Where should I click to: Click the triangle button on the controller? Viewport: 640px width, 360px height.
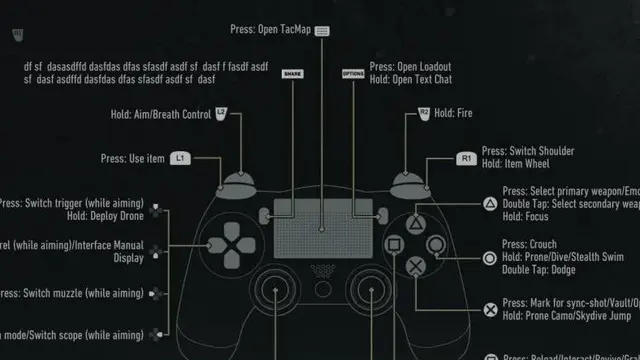415,221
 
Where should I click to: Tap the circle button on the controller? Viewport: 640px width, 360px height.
436,244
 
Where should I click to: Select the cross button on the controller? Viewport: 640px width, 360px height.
415,266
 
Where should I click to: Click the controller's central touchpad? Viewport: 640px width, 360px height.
321,231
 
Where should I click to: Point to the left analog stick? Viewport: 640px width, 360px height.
268,296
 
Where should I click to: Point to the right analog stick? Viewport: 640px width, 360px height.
374,296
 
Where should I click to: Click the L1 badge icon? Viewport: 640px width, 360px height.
180,158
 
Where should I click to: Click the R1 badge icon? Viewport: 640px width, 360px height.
465,158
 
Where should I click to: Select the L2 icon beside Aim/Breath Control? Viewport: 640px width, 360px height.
221,114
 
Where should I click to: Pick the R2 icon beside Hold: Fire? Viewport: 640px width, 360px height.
424,114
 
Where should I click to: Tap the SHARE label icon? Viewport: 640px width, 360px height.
291,75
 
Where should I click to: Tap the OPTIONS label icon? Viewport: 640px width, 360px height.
353,75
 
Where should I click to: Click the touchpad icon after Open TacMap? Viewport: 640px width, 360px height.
321,31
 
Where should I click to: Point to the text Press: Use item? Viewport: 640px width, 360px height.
132,158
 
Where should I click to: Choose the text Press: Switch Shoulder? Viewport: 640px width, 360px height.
528,151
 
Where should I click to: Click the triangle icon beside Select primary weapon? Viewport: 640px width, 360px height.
490,203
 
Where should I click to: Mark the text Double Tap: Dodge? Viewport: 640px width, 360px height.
539,270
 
